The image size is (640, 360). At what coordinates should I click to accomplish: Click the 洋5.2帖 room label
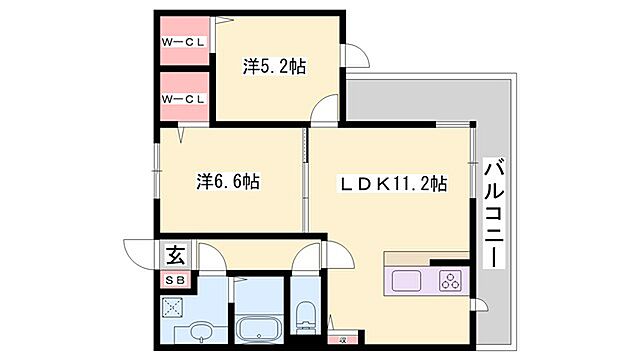[x=275, y=67]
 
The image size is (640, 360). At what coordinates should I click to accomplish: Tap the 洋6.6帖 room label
[x=228, y=182]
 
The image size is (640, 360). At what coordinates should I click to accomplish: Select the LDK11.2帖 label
[x=391, y=184]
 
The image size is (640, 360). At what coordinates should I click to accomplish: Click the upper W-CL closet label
[x=184, y=42]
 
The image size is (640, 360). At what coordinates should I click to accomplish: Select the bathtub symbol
[x=259, y=328]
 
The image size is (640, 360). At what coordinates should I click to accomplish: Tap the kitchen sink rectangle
[x=407, y=280]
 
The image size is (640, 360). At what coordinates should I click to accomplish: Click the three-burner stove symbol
[x=449, y=280]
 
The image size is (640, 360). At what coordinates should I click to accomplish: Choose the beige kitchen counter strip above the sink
[x=425, y=258]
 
